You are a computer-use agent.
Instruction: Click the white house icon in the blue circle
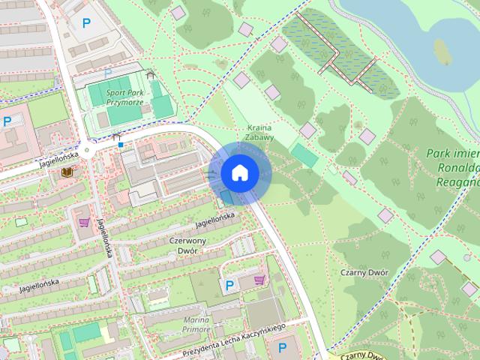pos(239,172)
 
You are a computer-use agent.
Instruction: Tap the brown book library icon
pos(67,172)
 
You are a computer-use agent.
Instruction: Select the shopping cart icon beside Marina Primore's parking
pos(259,279)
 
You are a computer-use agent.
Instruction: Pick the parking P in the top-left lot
pos(86,23)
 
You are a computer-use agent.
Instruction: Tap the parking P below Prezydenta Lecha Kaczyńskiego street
pos(282,347)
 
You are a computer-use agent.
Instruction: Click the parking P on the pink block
pos(7,121)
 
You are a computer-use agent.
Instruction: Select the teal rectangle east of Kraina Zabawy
pos(304,155)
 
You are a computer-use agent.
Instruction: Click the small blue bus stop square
pos(120,144)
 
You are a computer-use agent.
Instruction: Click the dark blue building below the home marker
pos(226,197)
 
